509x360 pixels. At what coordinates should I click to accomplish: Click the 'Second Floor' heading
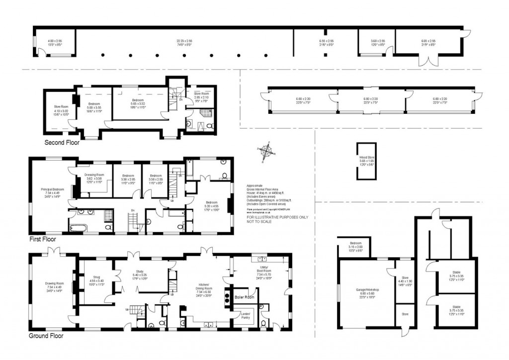[x=62, y=142]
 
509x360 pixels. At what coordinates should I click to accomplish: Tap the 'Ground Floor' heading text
[x=45, y=335]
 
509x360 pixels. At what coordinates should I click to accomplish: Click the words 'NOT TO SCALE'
[x=261, y=221]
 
